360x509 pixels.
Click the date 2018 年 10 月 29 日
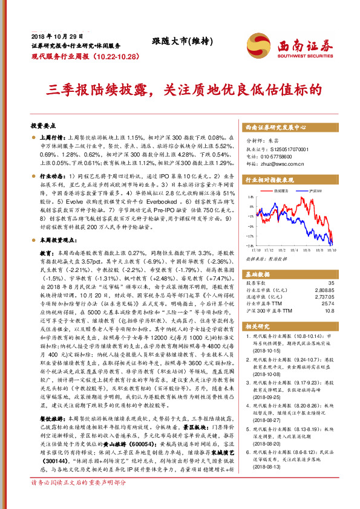pos(55,37)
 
